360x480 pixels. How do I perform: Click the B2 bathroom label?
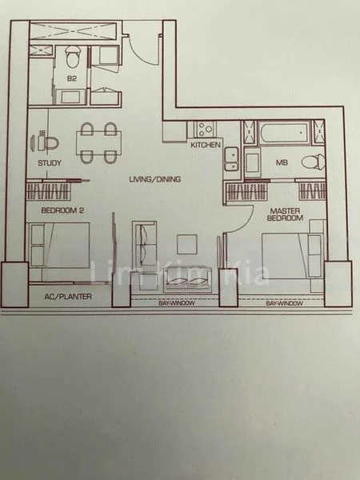(72, 78)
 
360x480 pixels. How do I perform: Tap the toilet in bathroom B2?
(74, 57)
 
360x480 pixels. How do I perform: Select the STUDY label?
(50, 164)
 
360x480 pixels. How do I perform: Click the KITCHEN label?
(206, 146)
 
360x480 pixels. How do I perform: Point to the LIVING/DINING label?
(155, 179)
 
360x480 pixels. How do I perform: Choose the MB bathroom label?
(282, 162)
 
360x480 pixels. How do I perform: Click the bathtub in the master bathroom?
(284, 132)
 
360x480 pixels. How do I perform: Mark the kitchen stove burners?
(203, 129)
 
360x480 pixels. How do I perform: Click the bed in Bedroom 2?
(60, 246)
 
